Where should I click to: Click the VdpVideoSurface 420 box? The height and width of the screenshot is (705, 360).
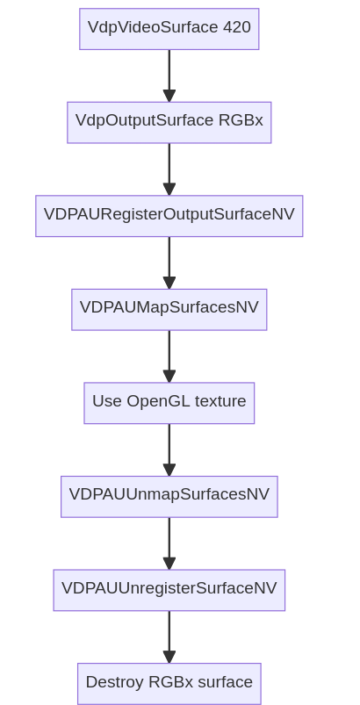(x=169, y=29)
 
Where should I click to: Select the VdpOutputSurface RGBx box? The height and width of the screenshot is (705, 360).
(x=169, y=122)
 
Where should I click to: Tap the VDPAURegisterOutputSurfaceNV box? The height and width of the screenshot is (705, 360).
(x=169, y=216)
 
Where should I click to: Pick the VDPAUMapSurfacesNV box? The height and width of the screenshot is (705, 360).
(x=169, y=309)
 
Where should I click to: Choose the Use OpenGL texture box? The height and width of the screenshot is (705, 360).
(x=169, y=403)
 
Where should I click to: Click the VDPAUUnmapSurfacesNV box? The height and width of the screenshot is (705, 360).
(x=169, y=496)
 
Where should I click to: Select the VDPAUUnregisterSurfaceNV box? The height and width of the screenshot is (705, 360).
(x=169, y=590)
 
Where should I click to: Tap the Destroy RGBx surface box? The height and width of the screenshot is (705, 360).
(x=169, y=683)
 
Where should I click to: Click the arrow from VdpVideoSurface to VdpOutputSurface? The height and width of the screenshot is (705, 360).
(x=169, y=76)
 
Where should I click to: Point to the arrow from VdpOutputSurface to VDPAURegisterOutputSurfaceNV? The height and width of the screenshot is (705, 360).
(x=169, y=169)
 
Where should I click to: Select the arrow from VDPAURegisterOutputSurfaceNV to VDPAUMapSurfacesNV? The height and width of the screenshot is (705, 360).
(x=169, y=263)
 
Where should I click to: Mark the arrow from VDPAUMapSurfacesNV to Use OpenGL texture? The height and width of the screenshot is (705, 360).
(x=169, y=356)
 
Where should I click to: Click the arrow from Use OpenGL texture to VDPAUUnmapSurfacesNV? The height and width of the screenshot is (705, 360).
(x=169, y=450)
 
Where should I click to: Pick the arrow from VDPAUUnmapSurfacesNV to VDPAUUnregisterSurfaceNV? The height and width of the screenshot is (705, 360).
(x=169, y=543)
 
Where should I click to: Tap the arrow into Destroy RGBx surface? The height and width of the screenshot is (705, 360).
(x=169, y=637)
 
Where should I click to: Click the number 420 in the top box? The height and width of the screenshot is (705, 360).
(x=237, y=27)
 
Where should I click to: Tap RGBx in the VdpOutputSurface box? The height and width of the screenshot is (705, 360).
(x=241, y=120)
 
